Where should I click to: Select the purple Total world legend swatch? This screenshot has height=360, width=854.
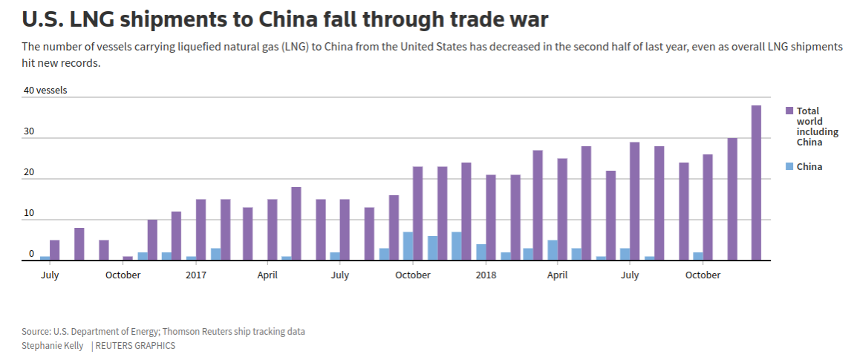789,111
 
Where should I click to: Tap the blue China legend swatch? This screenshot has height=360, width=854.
789,166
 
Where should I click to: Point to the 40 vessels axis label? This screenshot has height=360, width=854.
45,91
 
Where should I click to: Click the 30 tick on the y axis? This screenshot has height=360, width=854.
29,131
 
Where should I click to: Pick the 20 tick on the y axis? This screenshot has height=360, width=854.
29,172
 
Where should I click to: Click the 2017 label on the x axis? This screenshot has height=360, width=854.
196,275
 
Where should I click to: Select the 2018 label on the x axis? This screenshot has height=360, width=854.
486,275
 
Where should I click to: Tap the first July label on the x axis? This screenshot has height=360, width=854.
50,275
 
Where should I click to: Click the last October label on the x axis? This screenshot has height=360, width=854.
703,275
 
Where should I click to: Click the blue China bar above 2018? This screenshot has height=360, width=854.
481,252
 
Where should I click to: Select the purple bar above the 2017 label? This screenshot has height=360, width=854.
201,229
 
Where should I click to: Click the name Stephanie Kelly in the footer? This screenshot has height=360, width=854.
51,346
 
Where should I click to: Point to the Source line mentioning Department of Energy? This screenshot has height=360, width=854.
163,332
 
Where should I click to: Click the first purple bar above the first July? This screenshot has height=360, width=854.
54,250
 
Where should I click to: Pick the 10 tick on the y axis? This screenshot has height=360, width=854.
29,213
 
